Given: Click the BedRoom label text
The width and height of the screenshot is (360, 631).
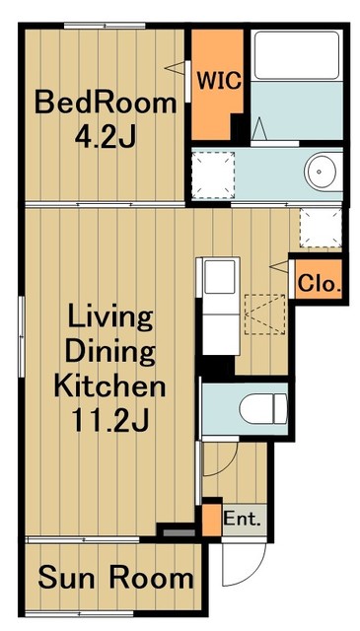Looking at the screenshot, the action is [106, 103].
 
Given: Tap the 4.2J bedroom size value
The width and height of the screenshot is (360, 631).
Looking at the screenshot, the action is [105, 137].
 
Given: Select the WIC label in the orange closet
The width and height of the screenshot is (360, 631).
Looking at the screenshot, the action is [219, 81].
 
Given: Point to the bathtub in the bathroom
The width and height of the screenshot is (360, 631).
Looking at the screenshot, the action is [297, 55].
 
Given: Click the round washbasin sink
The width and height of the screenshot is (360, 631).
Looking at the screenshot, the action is [320, 172].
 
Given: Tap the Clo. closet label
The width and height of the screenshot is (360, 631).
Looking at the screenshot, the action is [320, 285].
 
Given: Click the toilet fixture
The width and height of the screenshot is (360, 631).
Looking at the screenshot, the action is [263, 408].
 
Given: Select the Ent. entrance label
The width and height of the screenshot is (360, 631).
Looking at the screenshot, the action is [243, 520].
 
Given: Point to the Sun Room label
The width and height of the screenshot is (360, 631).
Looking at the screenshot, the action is [116, 578].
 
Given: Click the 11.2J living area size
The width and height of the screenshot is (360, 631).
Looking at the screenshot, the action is [110, 421].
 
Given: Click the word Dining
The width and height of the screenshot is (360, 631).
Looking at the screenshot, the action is [109, 352].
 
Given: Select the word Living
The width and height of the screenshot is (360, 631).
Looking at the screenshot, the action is [110, 317].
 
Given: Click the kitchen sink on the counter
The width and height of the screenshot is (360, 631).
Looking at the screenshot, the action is [220, 277].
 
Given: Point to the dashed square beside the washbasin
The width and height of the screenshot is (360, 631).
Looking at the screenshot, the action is [213, 175].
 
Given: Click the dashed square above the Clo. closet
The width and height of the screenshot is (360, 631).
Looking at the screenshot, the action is [321, 228].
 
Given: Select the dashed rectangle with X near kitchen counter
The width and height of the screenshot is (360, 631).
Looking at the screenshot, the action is [264, 315].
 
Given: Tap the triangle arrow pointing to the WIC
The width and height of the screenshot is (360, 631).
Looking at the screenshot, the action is [176, 68].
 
